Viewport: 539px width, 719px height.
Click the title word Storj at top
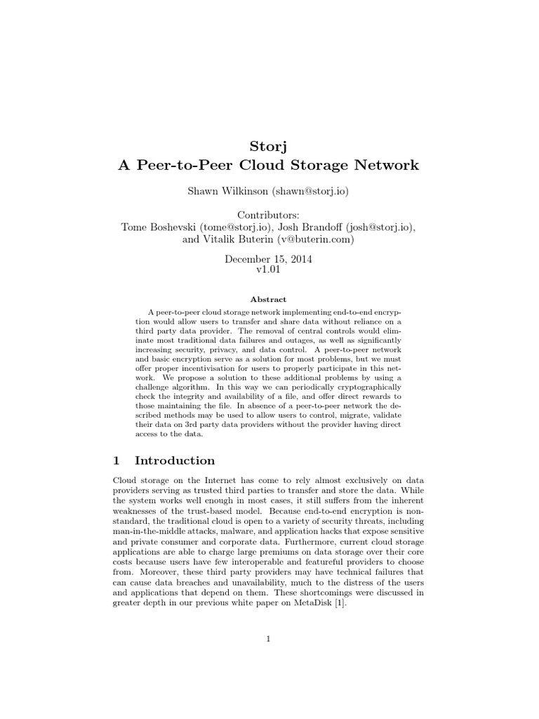[x=268, y=146]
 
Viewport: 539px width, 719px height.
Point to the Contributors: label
[x=268, y=213]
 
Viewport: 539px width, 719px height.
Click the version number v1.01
[x=268, y=270]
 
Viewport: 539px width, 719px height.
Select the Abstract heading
[x=269, y=299]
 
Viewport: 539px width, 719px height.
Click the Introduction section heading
[x=175, y=461]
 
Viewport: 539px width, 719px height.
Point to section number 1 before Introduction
[x=117, y=461]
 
